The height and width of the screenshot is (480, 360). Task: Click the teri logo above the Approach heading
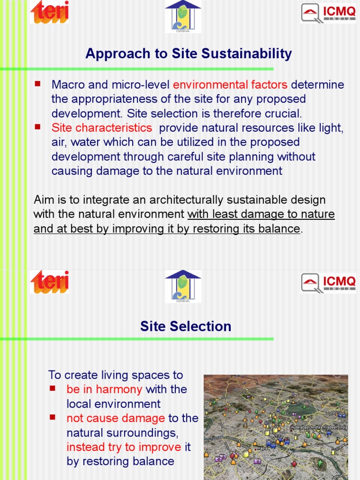[50, 12]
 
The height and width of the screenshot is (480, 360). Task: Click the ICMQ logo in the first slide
[328, 13]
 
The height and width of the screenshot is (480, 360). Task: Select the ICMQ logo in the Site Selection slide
[328, 283]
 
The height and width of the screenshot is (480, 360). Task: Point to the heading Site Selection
[186, 326]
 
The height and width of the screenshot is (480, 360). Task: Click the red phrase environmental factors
[230, 85]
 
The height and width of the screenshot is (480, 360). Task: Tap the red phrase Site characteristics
[102, 128]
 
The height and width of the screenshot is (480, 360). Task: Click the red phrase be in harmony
[104, 389]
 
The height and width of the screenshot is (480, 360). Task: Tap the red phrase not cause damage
[116, 418]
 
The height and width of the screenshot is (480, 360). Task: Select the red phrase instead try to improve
[124, 447]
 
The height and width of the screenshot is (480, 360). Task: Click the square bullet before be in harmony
[53, 388]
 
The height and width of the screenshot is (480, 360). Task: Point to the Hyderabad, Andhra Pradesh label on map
[319, 427]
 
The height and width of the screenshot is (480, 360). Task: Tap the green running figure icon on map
[320, 464]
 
